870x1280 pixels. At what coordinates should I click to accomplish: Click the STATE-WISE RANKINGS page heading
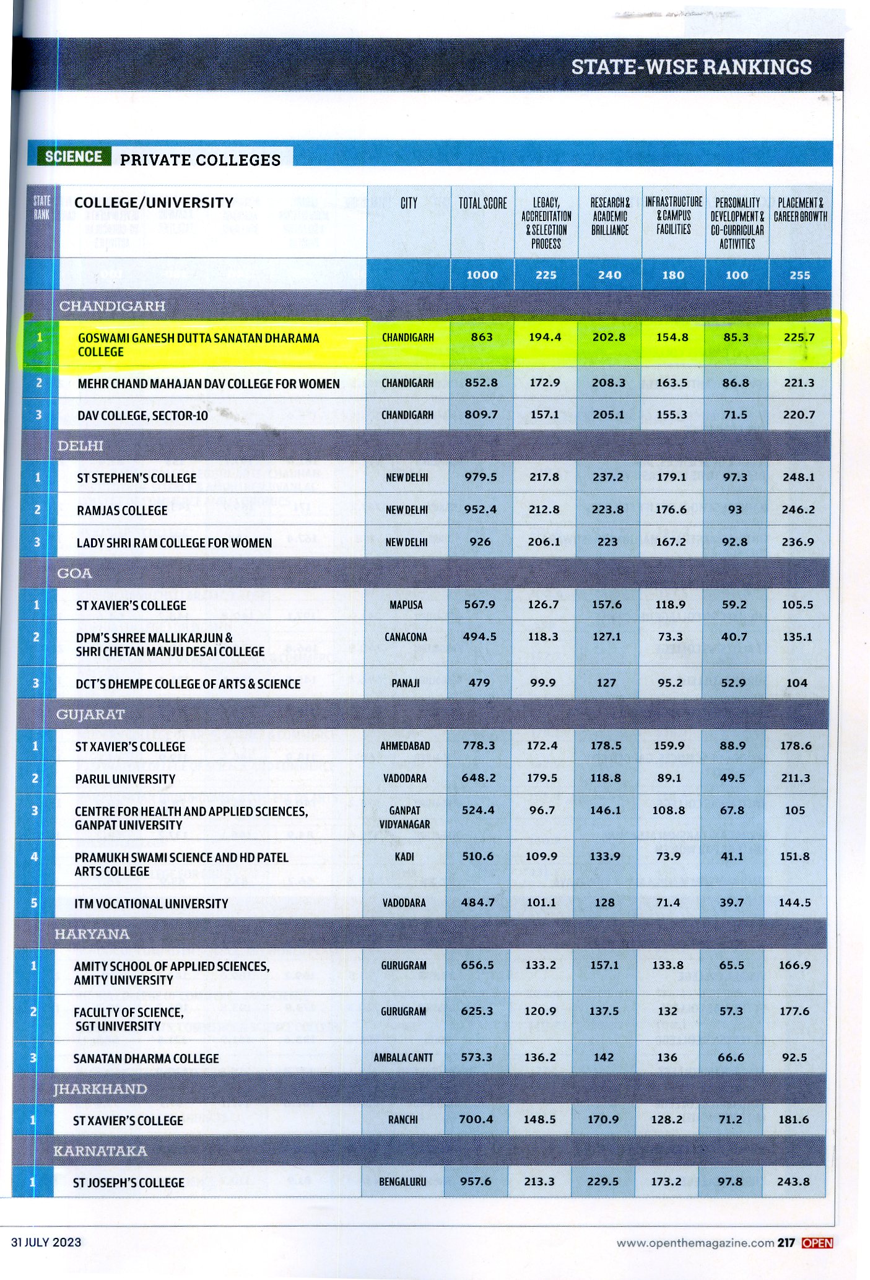[690, 67]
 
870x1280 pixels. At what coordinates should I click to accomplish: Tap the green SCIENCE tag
[73, 157]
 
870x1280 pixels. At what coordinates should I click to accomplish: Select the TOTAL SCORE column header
[482, 203]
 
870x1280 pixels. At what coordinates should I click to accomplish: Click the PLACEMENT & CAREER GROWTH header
[800, 209]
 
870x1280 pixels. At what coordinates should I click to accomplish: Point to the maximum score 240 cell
[609, 275]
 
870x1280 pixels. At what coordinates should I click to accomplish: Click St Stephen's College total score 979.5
[481, 477]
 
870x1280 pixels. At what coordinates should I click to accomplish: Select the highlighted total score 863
[482, 337]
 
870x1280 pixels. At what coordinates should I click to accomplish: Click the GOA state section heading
[74, 573]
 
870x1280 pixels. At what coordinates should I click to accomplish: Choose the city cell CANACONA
[406, 637]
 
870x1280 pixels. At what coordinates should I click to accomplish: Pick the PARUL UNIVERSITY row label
[124, 779]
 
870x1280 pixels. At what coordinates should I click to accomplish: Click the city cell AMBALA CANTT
[403, 1058]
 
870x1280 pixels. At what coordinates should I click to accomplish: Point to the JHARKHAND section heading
[100, 1089]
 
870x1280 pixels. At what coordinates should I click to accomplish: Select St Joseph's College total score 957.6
[476, 1182]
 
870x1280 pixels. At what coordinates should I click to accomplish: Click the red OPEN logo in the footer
[817, 1242]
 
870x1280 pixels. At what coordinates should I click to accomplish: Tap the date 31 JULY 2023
[46, 1242]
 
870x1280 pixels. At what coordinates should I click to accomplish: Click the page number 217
[786, 1242]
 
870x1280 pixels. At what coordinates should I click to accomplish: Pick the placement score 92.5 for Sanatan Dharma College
[794, 1058]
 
